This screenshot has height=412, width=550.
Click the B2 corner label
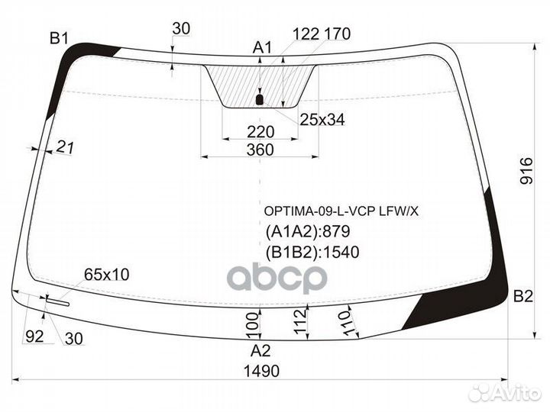(522, 296)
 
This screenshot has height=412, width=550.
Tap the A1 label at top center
(262, 48)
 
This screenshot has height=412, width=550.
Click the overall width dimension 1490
(261, 371)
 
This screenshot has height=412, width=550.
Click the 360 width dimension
(260, 150)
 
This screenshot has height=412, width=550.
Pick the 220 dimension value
(260, 131)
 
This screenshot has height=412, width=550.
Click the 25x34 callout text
(322, 119)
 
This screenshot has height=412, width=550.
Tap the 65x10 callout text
(106, 274)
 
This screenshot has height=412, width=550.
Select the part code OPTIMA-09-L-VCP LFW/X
(341, 212)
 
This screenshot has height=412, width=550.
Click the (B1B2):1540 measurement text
(312, 252)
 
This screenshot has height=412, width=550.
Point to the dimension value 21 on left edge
(65, 149)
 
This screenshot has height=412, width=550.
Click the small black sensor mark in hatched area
(259, 99)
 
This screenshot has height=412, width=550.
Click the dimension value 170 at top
(337, 33)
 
